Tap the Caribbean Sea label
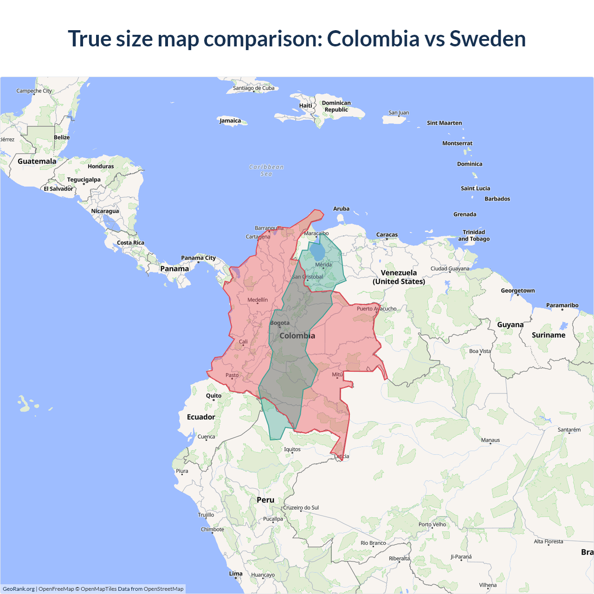(266, 170)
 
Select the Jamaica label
(230, 121)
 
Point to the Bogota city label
(280, 323)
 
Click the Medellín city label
(258, 300)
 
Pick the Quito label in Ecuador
(213, 396)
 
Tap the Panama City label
(198, 258)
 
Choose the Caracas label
(387, 235)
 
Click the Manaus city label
(491, 440)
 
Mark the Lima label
(236, 574)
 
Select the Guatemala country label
(37, 161)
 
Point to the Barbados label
(497, 199)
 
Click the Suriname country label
(549, 335)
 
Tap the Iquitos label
(292, 449)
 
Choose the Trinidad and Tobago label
(474, 235)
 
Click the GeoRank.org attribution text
(19, 589)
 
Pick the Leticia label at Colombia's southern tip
(342, 456)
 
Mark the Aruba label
(341, 209)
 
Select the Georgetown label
(517, 291)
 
